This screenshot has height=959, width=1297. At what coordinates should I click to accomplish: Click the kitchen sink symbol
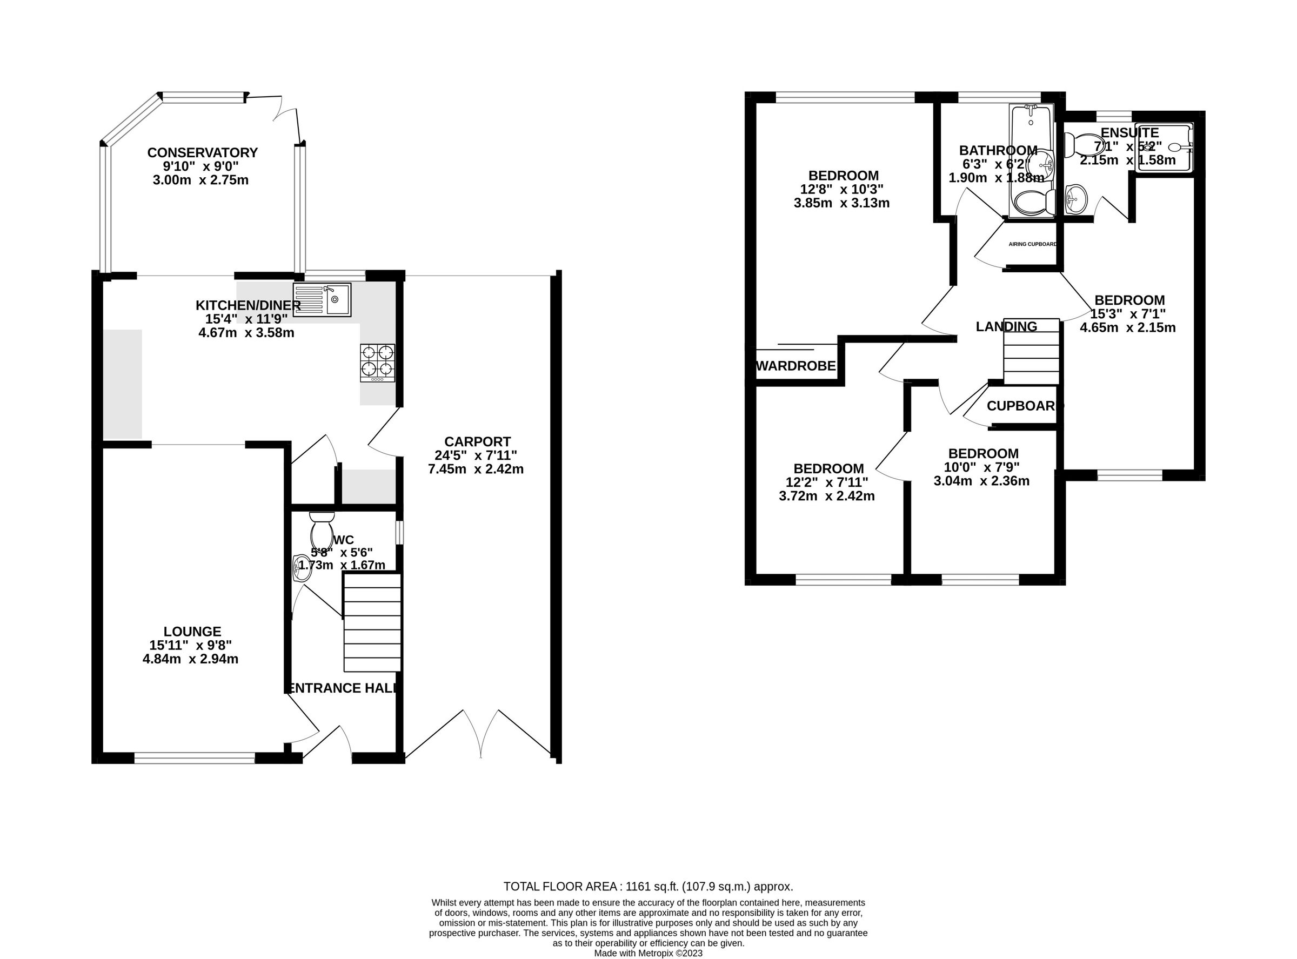(322, 299)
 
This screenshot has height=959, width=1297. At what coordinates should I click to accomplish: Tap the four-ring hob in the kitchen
(377, 363)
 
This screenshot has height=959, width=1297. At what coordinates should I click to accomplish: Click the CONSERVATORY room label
(202, 153)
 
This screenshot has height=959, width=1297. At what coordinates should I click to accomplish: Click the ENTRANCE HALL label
(343, 688)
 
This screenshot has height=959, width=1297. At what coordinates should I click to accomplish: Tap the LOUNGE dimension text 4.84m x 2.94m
(190, 659)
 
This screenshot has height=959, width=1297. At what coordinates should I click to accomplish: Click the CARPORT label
(477, 442)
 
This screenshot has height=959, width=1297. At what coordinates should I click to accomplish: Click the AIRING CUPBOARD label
(1032, 244)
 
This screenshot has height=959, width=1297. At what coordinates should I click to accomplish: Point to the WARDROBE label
(795, 366)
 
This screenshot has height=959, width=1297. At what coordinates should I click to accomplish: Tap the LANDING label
(1006, 327)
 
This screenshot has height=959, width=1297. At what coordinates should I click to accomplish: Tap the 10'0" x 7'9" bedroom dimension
(982, 467)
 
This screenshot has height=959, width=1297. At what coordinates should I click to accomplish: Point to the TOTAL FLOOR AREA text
(648, 887)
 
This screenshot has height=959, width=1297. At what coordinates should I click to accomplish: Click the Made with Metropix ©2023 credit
(648, 953)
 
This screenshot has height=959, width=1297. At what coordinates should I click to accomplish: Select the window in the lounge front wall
(195, 757)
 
